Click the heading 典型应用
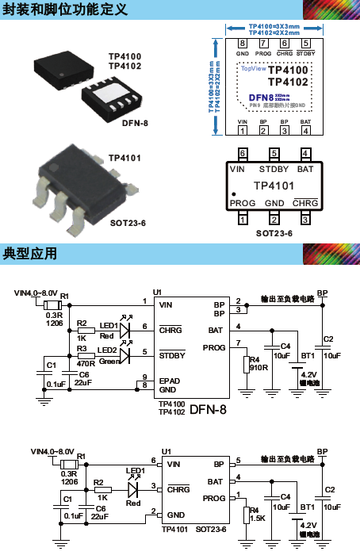(x=31, y=254)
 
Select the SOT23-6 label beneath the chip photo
(x=128, y=224)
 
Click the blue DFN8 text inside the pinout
(x=251, y=97)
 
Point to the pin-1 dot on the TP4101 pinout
(x=234, y=193)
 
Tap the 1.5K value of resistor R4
(x=257, y=518)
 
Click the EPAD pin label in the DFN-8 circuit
(x=170, y=381)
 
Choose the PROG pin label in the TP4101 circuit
(x=214, y=498)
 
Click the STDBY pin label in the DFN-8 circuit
(x=172, y=356)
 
